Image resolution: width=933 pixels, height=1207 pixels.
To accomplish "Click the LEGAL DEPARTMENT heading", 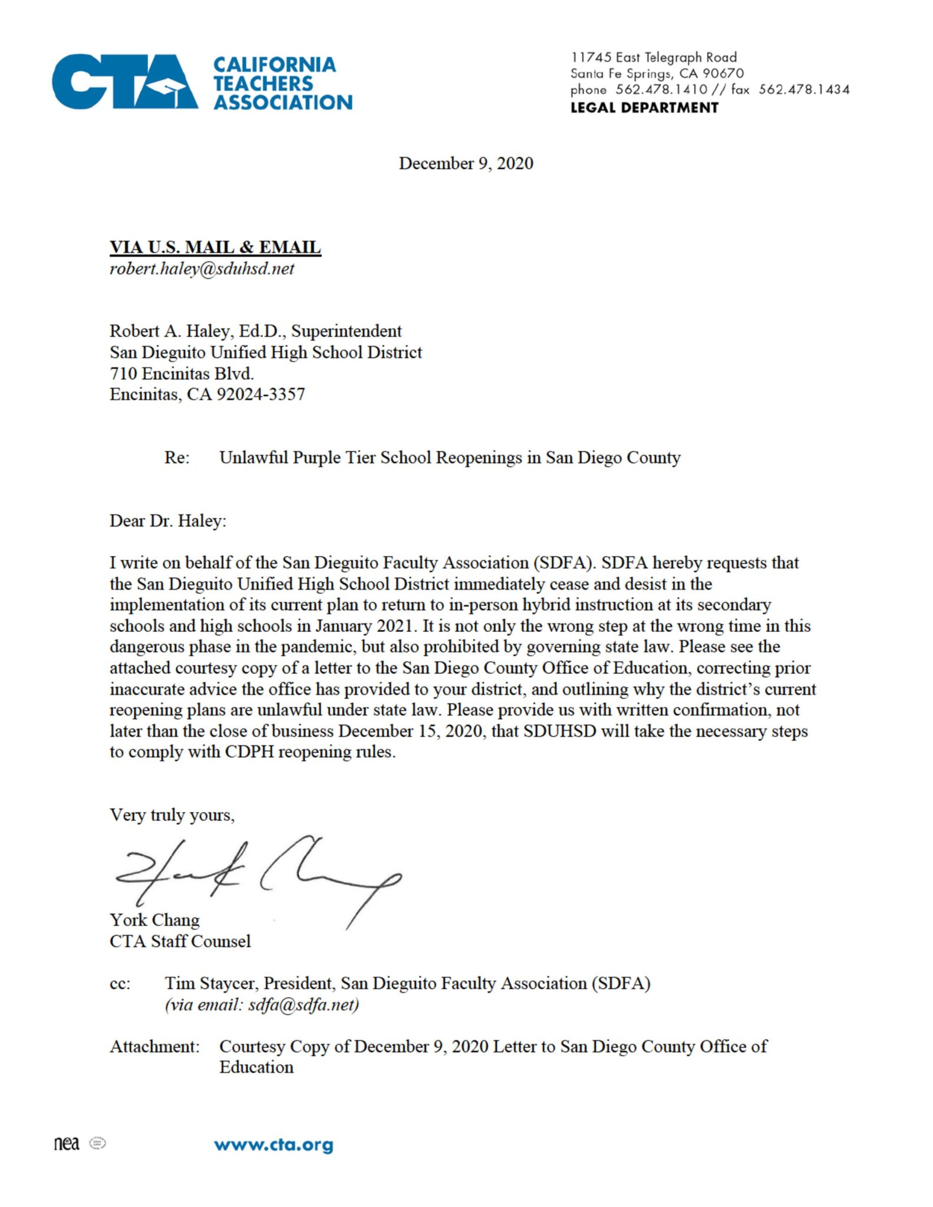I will click(644, 108).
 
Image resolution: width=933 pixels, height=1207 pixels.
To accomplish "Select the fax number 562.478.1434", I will click(804, 90).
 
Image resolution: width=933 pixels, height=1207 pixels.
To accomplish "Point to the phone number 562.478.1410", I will click(661, 90).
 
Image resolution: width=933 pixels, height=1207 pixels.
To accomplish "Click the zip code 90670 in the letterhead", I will click(723, 74).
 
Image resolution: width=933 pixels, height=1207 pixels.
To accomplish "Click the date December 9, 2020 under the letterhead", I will click(466, 163).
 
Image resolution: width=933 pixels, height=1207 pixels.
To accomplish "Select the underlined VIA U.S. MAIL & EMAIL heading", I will click(215, 247).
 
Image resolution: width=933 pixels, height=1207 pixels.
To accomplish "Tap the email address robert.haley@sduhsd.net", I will click(202, 269).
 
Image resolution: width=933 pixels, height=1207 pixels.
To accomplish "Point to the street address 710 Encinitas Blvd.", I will click(182, 373).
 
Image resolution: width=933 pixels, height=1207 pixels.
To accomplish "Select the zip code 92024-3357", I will click(261, 394).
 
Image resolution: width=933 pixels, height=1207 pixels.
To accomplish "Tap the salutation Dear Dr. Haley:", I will click(168, 521).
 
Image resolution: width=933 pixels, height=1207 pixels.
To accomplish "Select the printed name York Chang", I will click(154, 920).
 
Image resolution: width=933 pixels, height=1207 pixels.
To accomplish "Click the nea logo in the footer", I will click(67, 1144).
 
